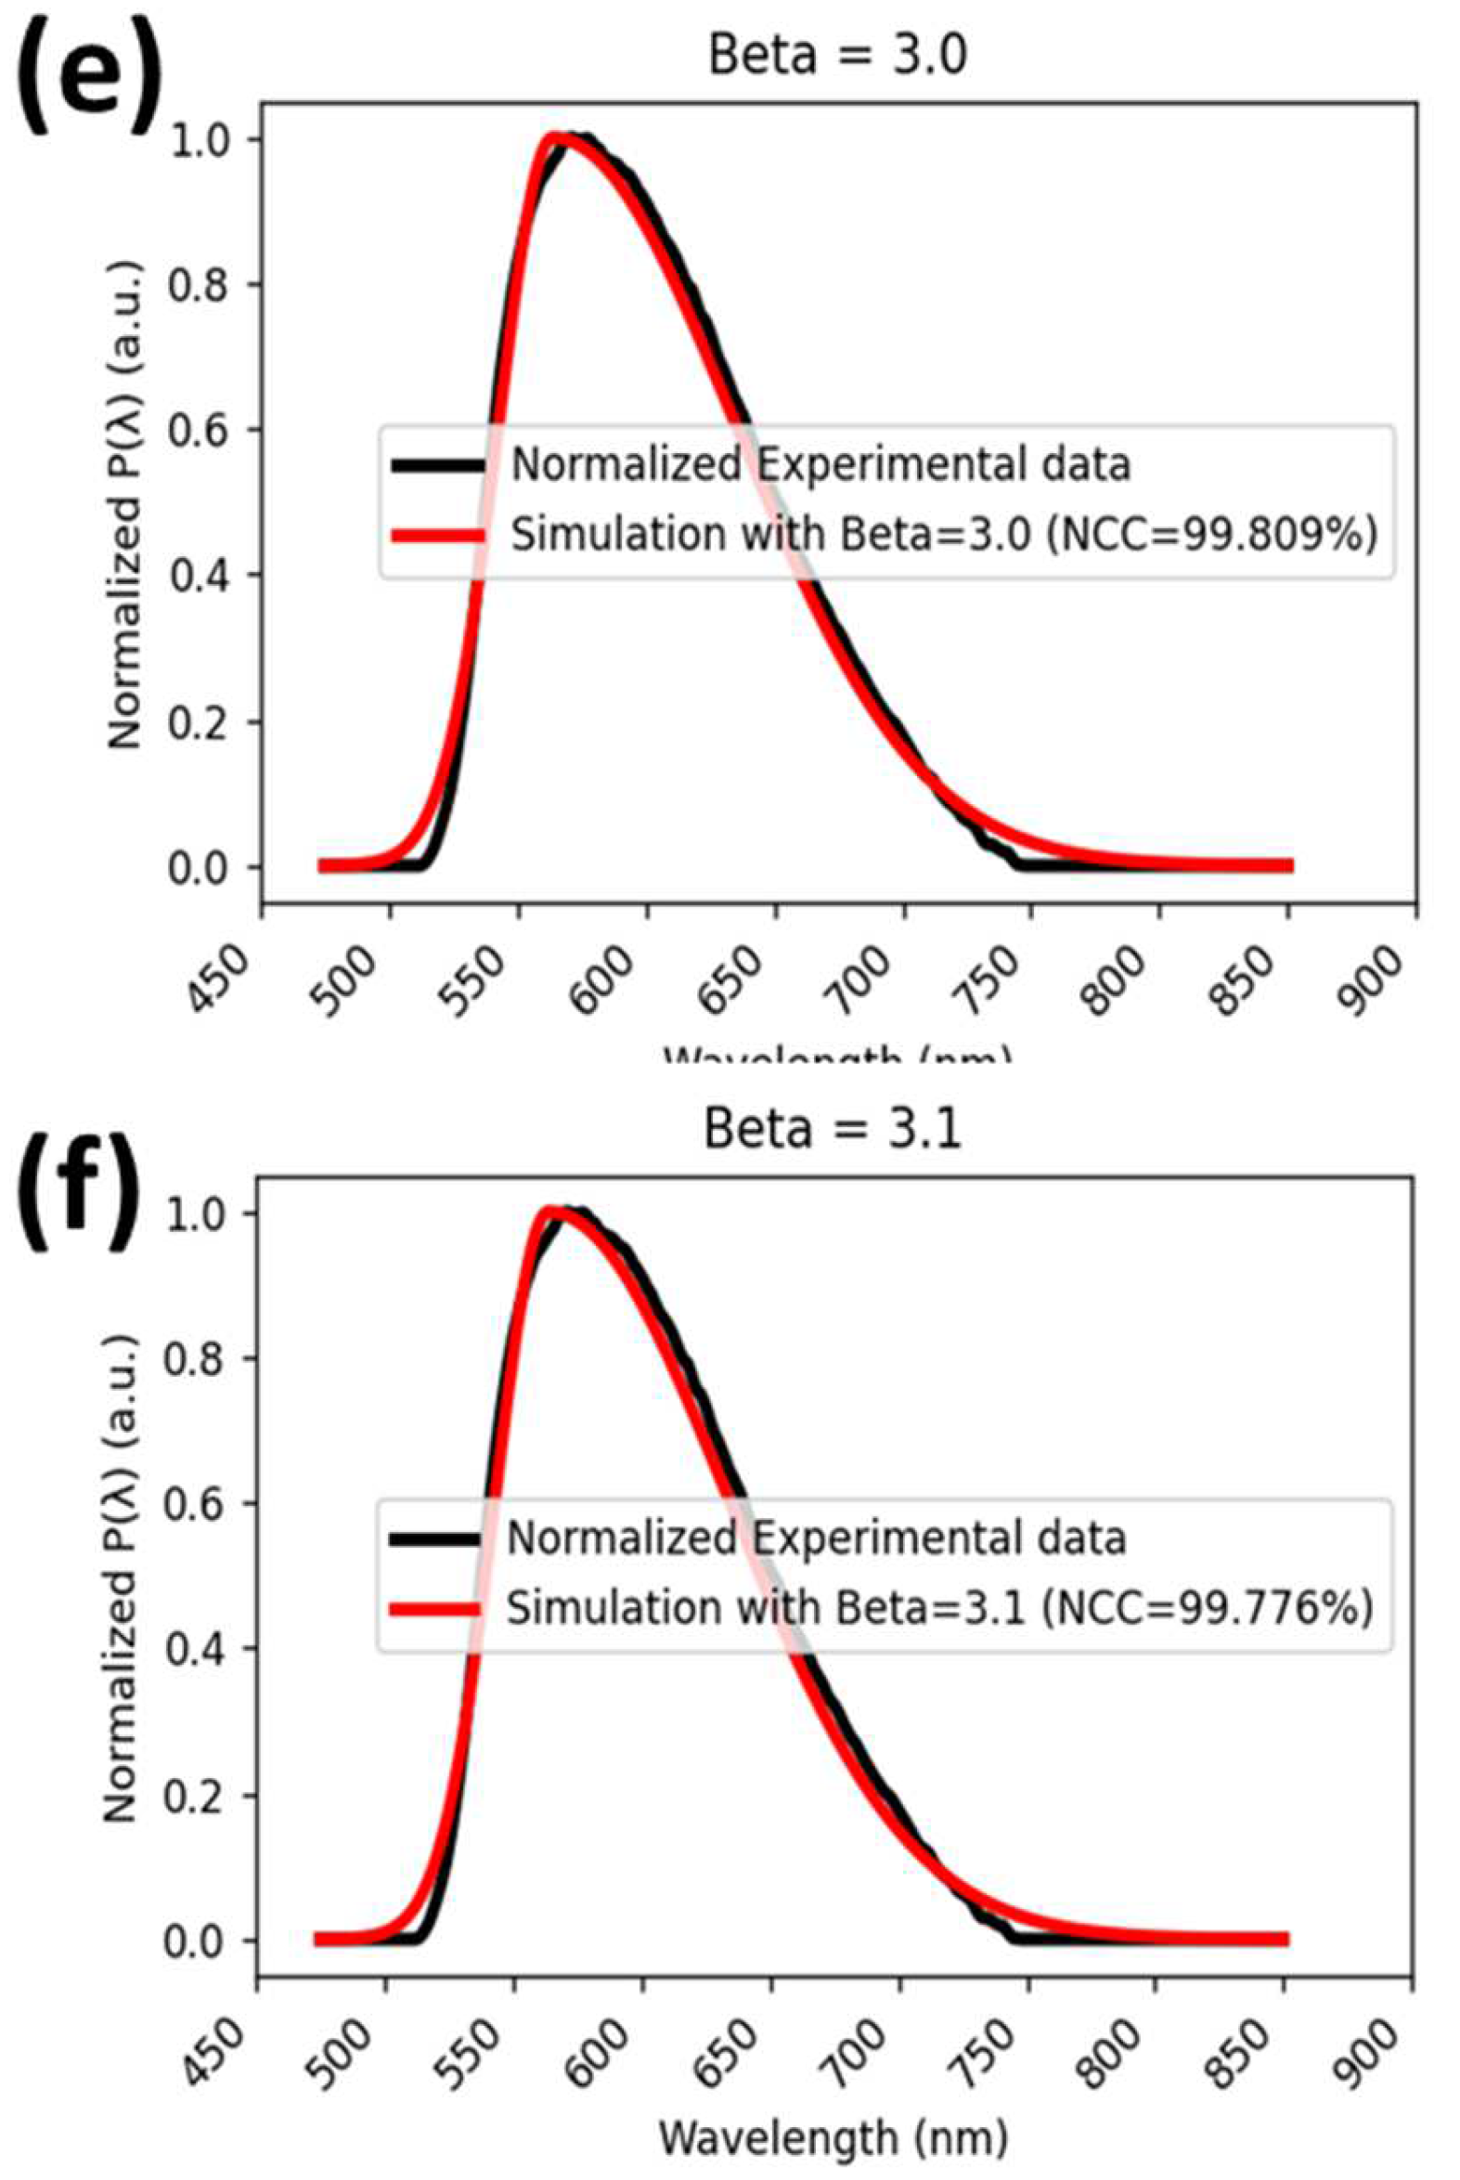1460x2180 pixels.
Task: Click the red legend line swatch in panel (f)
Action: tap(433, 1608)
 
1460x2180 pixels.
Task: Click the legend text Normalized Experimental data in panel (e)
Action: tap(820, 464)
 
